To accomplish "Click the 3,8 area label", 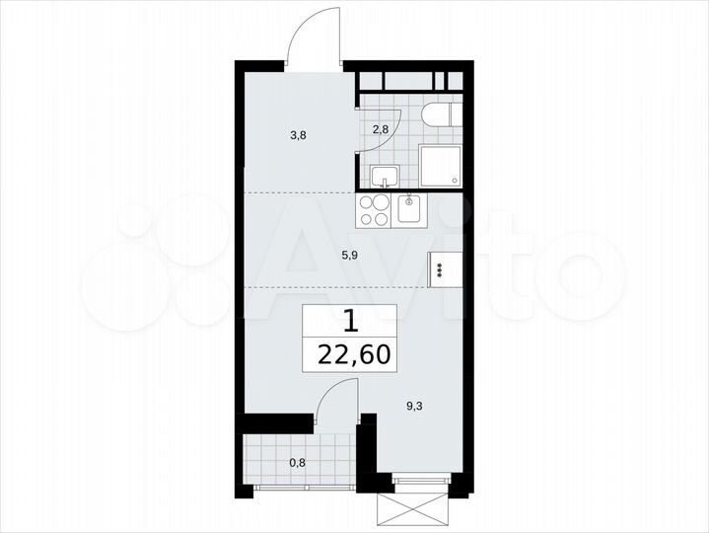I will [x=297, y=136].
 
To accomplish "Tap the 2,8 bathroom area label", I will [x=381, y=128].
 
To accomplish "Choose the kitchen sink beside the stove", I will [x=408, y=209].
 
